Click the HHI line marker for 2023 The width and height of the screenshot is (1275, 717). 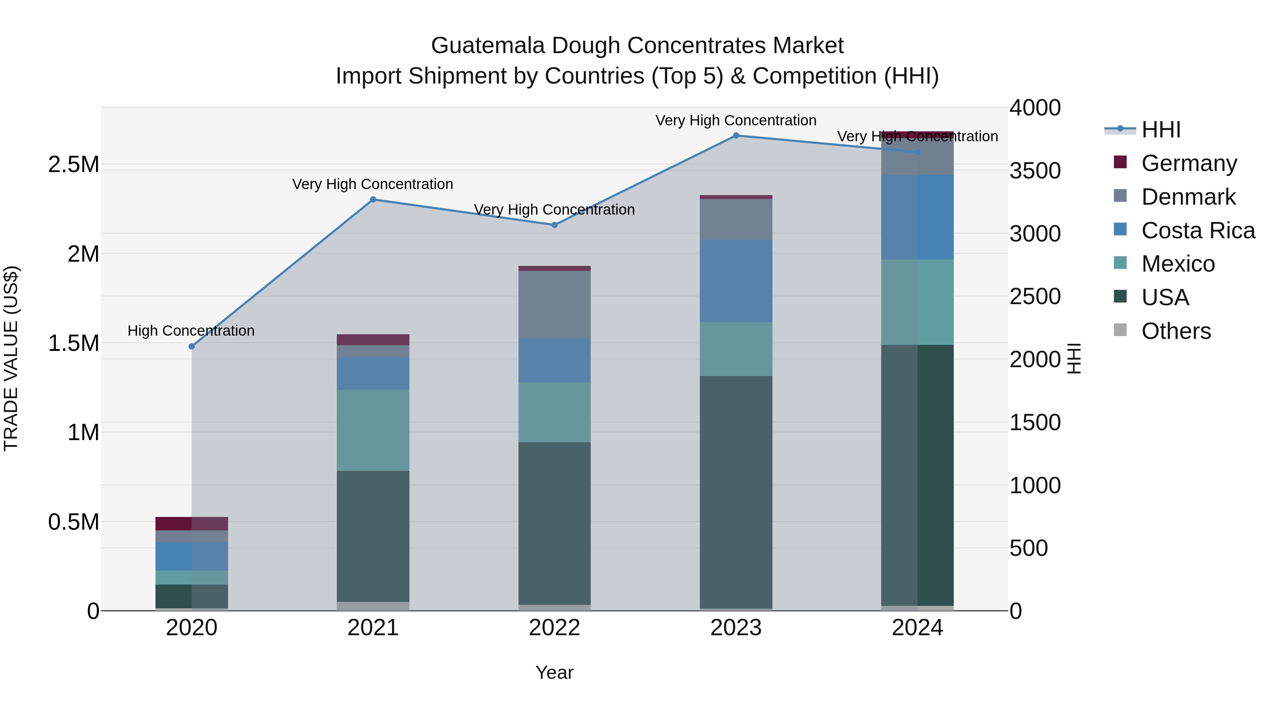point(736,136)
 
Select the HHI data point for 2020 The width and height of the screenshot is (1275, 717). point(192,346)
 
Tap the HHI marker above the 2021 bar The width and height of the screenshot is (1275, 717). point(373,199)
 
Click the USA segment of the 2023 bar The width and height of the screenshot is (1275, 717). point(736,493)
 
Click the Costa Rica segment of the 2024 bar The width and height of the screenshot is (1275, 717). point(917,217)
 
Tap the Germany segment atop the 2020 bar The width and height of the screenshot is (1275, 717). point(192,524)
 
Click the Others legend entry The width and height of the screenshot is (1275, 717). point(1176,331)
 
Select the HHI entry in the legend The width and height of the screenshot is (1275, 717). point(1161,130)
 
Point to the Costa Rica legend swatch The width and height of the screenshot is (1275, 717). point(1120,229)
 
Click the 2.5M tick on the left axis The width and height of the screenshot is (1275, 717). point(74,164)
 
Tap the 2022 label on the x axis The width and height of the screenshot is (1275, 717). point(554,628)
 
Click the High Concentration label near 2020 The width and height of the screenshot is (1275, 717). point(191,331)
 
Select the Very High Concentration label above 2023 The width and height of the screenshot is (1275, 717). point(736,120)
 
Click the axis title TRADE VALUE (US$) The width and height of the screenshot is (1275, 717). point(11,358)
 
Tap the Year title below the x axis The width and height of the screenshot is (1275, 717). point(554,672)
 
